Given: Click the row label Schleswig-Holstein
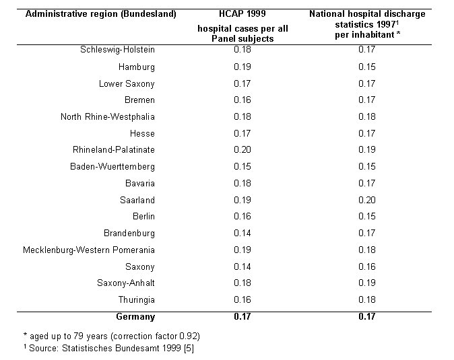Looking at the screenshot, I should point(117,50).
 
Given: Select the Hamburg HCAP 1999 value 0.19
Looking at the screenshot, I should point(242,67).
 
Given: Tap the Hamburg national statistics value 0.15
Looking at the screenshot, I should point(367,67).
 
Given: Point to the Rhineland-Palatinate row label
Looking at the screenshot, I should point(114,150).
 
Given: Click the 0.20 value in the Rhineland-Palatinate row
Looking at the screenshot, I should point(242,150).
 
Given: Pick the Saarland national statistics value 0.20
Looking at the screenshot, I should point(367,200).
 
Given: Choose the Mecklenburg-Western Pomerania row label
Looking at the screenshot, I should point(89,250).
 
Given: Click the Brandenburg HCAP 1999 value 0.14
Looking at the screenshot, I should point(242,233).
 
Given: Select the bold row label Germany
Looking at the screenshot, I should point(135,317).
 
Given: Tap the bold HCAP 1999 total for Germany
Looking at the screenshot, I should point(242,317).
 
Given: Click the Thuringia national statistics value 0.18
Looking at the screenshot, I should point(367,300).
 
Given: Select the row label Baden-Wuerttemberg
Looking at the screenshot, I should point(112,167).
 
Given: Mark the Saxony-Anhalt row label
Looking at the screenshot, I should point(126,283).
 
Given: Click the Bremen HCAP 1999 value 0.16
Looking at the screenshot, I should point(242,100).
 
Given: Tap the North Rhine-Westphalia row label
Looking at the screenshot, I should point(108,116).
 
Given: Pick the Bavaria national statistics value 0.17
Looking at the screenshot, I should point(367,183).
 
